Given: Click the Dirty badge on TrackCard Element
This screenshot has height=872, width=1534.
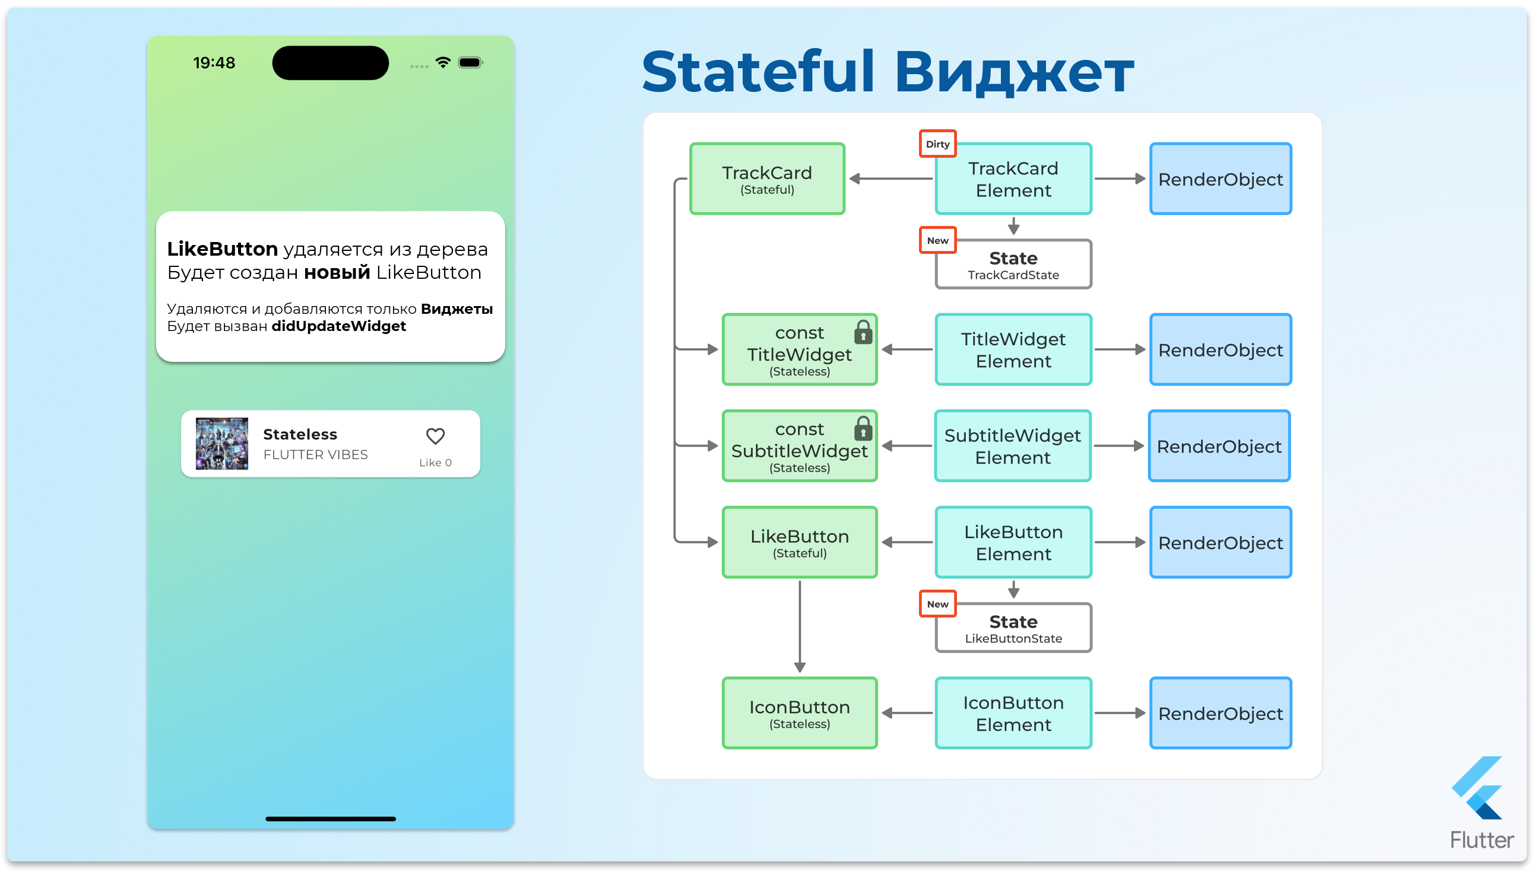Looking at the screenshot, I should click(938, 144).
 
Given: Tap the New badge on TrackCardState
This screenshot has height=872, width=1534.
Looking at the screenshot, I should click(938, 240).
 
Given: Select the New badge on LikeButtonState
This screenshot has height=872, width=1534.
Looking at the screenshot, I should click(938, 604).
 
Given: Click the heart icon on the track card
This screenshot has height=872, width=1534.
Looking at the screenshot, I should click(435, 436).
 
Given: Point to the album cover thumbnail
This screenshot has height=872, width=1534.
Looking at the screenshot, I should click(221, 443).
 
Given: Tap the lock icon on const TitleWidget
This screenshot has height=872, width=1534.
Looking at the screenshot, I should click(863, 332).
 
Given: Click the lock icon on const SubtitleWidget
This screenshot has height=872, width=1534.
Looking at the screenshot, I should click(863, 429).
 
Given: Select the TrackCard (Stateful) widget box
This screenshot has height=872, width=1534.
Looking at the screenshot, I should click(767, 179).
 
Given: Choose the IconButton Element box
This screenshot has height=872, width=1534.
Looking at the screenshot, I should click(1013, 712).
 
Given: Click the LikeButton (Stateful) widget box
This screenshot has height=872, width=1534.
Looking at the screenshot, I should click(800, 542).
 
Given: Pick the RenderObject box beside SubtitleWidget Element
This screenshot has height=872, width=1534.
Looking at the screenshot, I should click(1219, 445).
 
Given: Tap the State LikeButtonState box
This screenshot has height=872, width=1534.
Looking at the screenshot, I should click(1013, 628).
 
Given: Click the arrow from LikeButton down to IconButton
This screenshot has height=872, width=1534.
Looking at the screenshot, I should click(800, 626).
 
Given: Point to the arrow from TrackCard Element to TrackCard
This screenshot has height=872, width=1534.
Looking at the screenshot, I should click(890, 179).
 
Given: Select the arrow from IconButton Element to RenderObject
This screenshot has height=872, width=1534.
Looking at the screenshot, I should click(1120, 712).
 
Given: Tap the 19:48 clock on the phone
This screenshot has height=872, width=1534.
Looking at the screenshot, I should click(214, 63).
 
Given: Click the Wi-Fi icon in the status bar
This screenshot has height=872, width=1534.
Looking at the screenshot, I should click(443, 62).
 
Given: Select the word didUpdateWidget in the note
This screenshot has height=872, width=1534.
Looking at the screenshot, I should click(338, 326).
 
